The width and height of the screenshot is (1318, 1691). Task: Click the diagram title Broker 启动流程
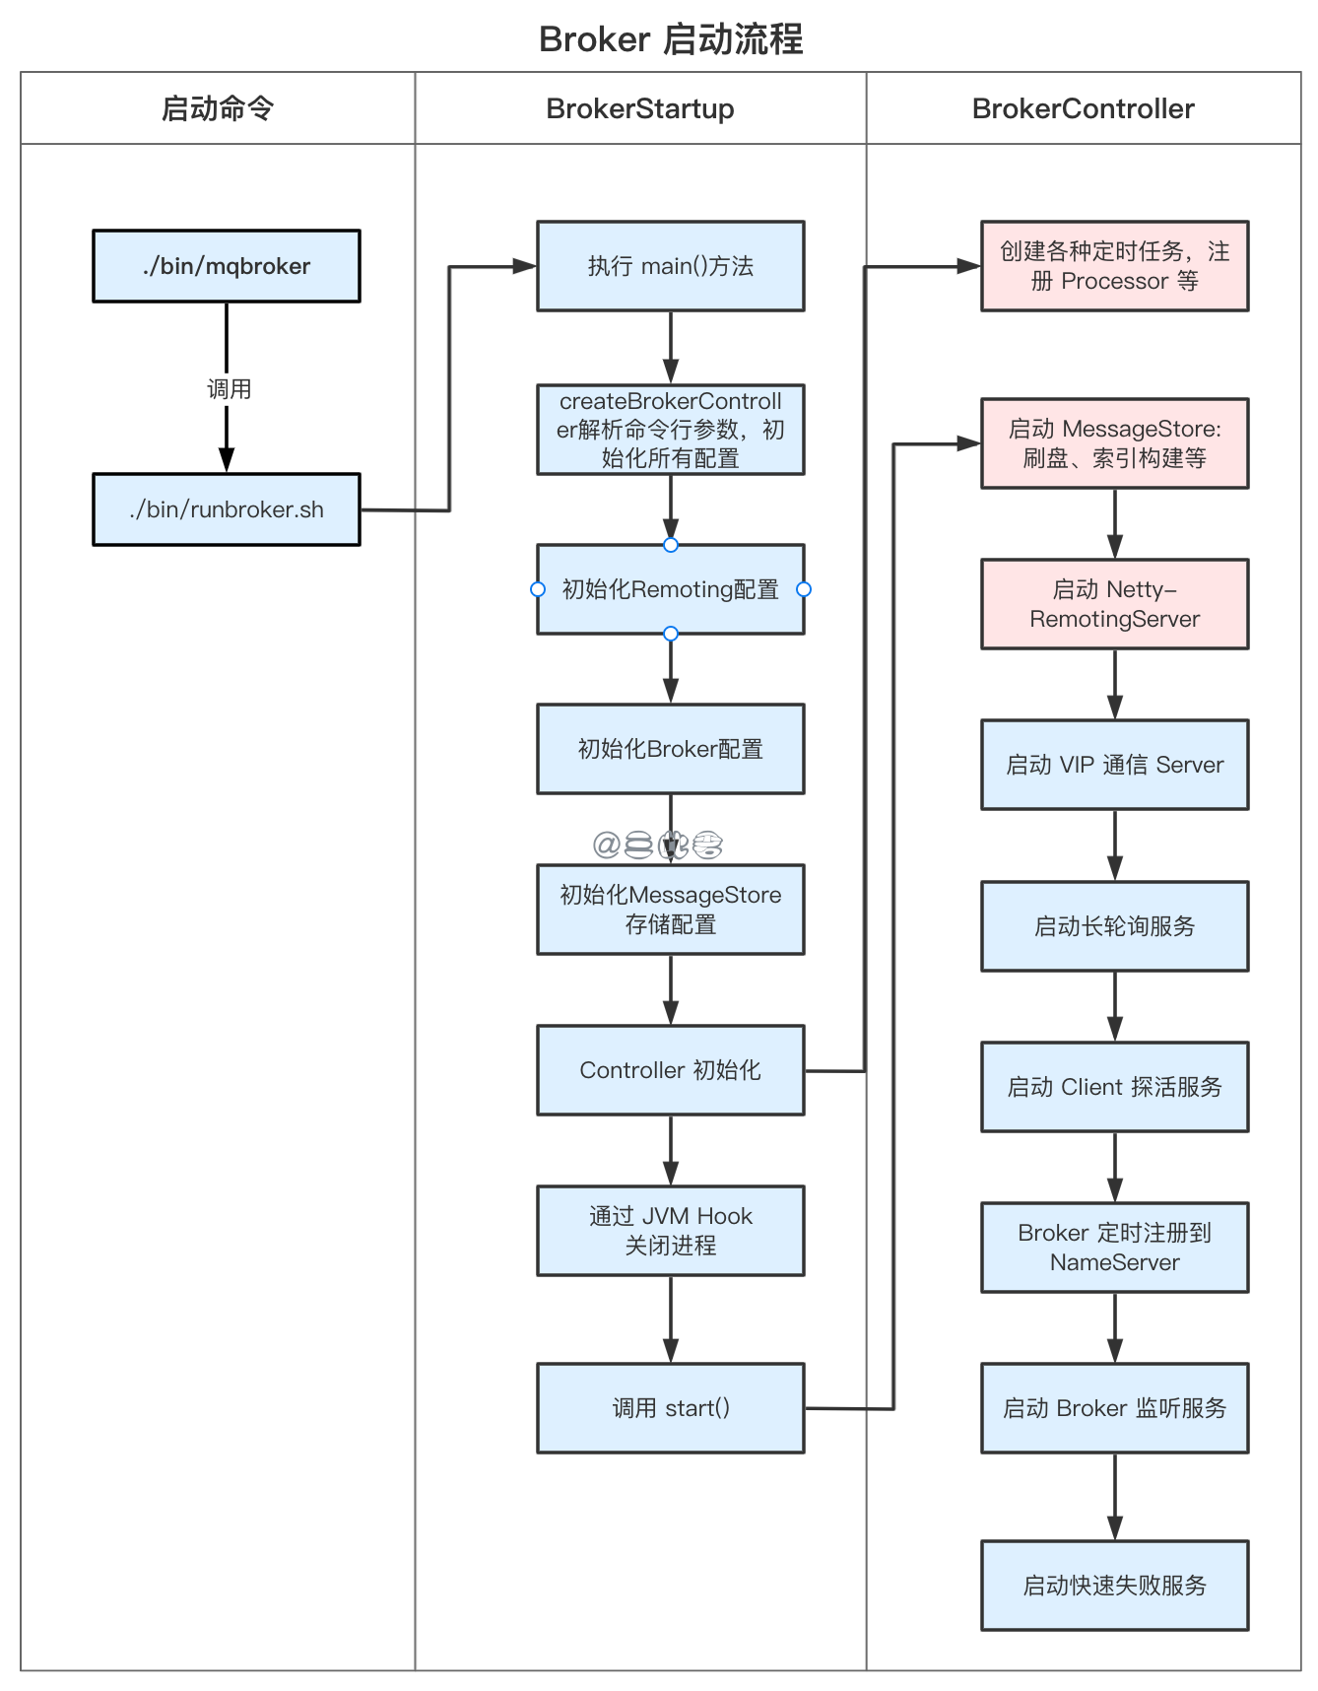[670, 39]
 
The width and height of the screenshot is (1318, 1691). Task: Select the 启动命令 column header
[217, 108]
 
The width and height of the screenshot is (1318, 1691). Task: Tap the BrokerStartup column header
[640, 108]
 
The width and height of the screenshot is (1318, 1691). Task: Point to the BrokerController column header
[1083, 108]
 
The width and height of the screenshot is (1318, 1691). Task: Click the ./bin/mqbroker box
[227, 266]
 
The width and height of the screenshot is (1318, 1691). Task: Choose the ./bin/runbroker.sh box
[227, 509]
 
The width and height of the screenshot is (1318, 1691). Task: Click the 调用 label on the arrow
[229, 389]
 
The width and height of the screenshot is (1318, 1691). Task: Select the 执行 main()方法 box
[670, 266]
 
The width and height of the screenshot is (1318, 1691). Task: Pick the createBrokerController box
[670, 430]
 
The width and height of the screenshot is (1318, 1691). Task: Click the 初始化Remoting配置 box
[670, 589]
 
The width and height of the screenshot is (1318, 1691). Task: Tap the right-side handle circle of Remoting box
[804, 589]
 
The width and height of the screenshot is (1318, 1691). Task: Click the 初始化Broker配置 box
[670, 749]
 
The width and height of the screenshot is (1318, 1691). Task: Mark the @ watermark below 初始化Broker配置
[606, 845]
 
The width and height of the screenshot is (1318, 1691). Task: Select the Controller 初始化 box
[670, 1070]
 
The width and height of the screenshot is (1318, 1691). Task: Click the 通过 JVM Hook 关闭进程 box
[670, 1231]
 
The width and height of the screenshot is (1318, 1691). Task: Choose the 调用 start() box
[670, 1408]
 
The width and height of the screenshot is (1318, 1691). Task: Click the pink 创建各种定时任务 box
[1114, 266]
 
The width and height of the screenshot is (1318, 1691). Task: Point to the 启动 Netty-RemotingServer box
[1114, 604]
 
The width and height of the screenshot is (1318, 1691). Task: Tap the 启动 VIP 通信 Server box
[1114, 765]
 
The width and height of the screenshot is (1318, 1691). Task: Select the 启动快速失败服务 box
[1114, 1586]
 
